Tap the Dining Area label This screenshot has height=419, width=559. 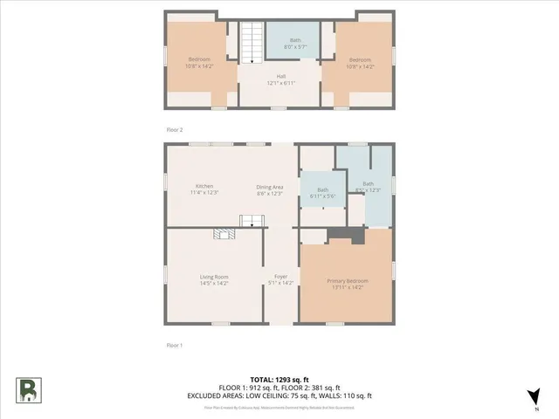[269, 186]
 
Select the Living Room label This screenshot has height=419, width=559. [214, 277]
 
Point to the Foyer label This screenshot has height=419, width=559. [281, 277]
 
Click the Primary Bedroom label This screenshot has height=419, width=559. [348, 280]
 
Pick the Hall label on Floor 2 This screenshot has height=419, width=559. [281, 76]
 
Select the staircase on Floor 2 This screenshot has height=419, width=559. [252, 43]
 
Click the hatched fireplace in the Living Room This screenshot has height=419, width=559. [224, 233]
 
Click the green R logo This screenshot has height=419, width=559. [29, 389]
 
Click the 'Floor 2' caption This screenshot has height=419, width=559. [175, 129]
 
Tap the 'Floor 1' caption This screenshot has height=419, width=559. [175, 346]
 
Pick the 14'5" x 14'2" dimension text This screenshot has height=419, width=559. [214, 283]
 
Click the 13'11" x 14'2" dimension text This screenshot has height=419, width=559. [348, 286]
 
